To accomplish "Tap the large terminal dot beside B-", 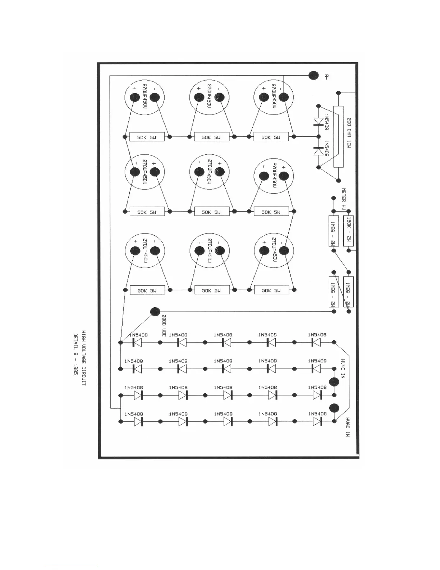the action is pos(313,76).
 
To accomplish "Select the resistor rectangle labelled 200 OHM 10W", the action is pos(338,136).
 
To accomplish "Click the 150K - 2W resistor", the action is pos(349,231).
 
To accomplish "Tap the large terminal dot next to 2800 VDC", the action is pos(155,312).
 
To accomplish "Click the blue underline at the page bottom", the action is pos(71,567).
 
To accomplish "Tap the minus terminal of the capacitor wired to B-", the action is pos(284,97).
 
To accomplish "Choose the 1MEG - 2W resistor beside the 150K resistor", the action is pos(334,231).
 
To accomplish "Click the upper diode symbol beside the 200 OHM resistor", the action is pos(318,121).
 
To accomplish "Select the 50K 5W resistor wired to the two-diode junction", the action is pos(271,137).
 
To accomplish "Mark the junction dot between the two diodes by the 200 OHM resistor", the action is pos(318,137).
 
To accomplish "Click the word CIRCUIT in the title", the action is pos(83,379).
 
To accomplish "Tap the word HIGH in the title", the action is pos(83,336).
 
